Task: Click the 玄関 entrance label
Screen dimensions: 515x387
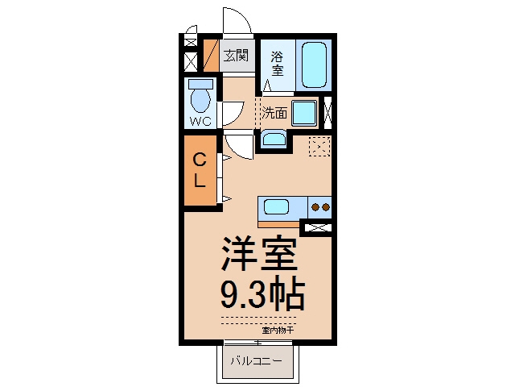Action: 236,56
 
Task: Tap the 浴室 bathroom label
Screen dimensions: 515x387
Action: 277,64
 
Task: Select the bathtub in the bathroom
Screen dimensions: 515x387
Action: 314,64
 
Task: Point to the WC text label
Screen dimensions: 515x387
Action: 200,122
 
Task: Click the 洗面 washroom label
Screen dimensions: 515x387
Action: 274,113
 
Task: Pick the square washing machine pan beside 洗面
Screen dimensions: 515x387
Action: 304,113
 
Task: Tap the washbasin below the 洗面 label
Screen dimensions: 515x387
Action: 274,139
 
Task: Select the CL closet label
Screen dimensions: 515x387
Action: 200,170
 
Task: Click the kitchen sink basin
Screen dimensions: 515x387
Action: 277,207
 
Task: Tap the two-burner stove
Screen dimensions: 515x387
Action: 319,207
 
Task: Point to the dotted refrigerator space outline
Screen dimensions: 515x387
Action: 319,146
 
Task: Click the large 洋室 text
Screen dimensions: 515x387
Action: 259,252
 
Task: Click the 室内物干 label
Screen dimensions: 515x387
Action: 278,330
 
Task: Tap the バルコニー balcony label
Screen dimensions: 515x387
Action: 256,361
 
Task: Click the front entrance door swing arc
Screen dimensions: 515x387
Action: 244,15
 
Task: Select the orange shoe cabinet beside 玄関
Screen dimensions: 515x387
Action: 211,56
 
